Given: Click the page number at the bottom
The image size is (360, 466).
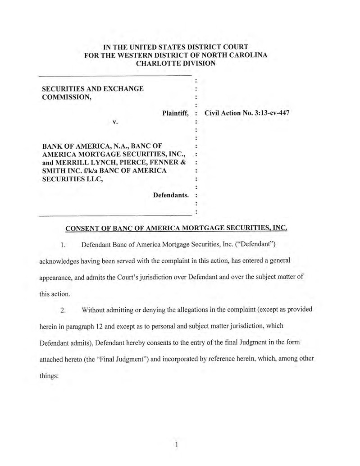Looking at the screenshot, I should click(x=177, y=445).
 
